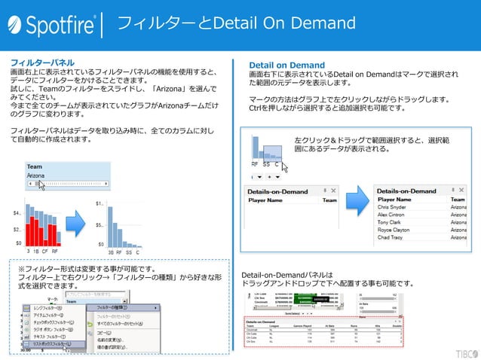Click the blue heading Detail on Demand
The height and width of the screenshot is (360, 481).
[x=286, y=65]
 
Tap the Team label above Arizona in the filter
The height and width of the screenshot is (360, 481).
[x=34, y=166]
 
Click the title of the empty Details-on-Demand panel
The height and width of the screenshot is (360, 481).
[x=275, y=191]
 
